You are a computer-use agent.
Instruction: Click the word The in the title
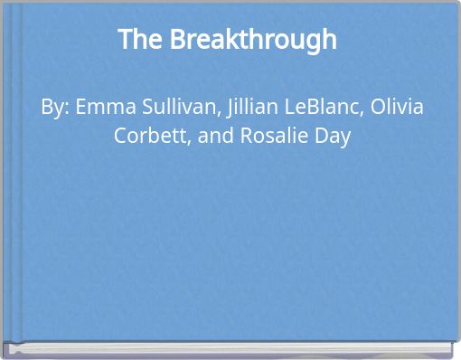pos(138,40)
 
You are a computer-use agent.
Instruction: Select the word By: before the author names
pos(55,108)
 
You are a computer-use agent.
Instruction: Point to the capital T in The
pos(125,40)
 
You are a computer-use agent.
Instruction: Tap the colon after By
pos(68,109)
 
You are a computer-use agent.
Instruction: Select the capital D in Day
pos(320,137)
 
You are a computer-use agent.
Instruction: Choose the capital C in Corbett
pos(120,137)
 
